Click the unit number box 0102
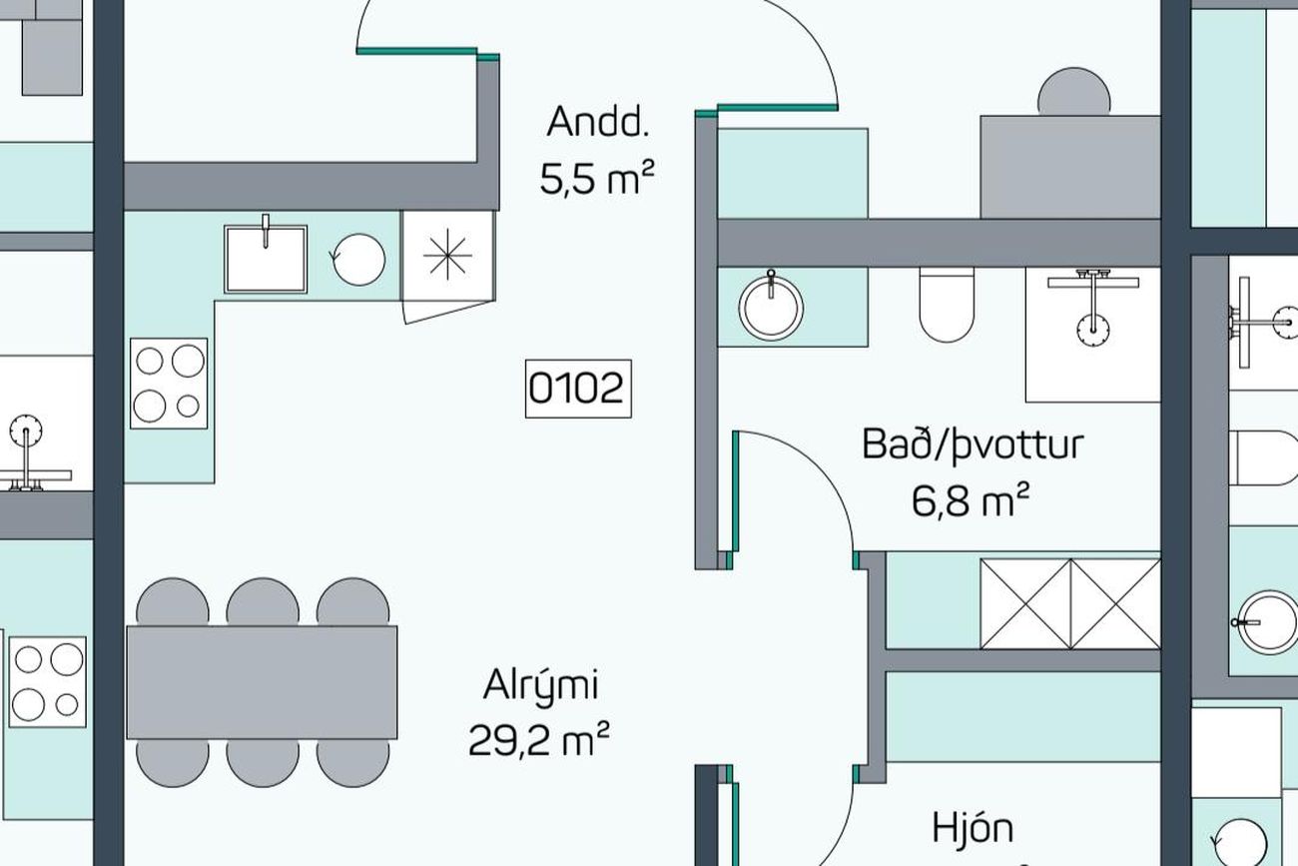pyautogui.click(x=578, y=389)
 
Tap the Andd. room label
pyautogui.click(x=597, y=122)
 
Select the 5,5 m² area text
pyautogui.click(x=597, y=178)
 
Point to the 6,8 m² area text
pyautogui.click(x=971, y=499)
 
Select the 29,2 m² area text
pyautogui.click(x=538, y=739)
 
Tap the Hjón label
pyautogui.click(x=973, y=828)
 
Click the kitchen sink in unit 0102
pyautogui.click(x=266, y=259)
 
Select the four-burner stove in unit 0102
pyautogui.click(x=169, y=384)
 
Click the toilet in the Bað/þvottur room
pyautogui.click(x=947, y=305)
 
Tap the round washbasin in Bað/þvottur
pyautogui.click(x=771, y=308)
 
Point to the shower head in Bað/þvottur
pyautogui.click(x=1093, y=331)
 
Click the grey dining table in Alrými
pyautogui.click(x=262, y=682)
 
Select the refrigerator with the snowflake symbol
pyautogui.click(x=447, y=256)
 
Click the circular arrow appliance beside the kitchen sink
pyautogui.click(x=358, y=259)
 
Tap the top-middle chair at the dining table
pyautogui.click(x=263, y=601)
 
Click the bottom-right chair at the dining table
pyautogui.click(x=352, y=763)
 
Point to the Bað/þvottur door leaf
pyautogui.click(x=735, y=491)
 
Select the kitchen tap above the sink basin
pyautogui.click(x=266, y=231)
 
